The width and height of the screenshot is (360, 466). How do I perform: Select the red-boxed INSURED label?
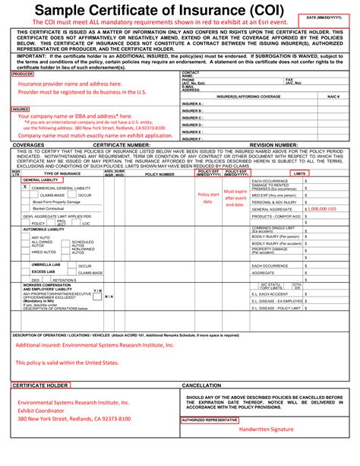pos(21,109)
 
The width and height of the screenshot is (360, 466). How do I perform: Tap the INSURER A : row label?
pos(192,103)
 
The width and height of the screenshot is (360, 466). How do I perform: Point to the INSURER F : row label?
pos(192,139)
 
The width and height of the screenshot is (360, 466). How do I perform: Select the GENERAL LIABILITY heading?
pos(39,179)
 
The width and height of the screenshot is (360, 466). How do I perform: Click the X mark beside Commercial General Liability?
pos(24,186)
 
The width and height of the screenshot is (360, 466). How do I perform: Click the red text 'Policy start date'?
pos(209,198)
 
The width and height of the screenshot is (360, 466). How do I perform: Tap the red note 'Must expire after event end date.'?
pos(235,198)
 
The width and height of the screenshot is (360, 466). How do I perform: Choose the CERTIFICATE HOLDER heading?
pos(40,385)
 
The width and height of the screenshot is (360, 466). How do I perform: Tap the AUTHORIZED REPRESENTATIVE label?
pos(209,419)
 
